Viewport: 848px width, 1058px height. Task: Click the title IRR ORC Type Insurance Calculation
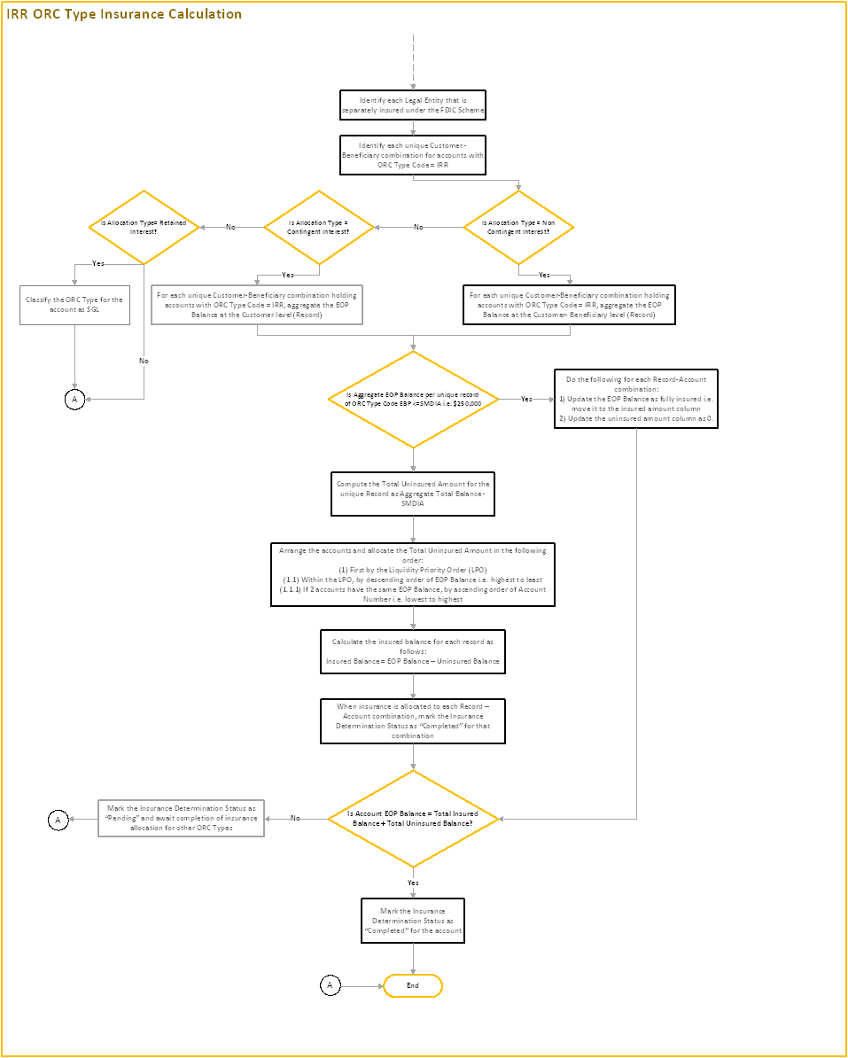[x=124, y=14]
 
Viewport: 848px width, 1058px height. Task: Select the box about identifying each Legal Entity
[x=413, y=105]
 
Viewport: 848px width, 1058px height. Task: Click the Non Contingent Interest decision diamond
[x=518, y=228]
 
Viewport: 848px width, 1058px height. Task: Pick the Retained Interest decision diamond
[x=144, y=228]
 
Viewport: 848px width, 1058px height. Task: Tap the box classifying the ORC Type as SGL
[x=74, y=304]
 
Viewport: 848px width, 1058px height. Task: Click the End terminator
[x=412, y=985]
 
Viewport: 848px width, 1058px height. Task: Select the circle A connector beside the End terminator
[x=330, y=985]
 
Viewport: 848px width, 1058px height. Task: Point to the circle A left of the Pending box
[x=58, y=820]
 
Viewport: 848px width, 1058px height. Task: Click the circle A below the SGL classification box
[x=74, y=400]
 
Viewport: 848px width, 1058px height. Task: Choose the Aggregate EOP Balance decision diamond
[x=413, y=399]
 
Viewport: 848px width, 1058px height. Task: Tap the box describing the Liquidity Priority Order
[x=413, y=574]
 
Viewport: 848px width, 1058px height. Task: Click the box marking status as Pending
[x=181, y=818]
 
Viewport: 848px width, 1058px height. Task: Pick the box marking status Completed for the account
[x=413, y=920]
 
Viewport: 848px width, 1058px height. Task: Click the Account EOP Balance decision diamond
[x=413, y=819]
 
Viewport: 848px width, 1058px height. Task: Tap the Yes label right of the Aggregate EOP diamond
[x=526, y=400]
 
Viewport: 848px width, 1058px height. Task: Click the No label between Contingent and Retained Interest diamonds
[x=230, y=228]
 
